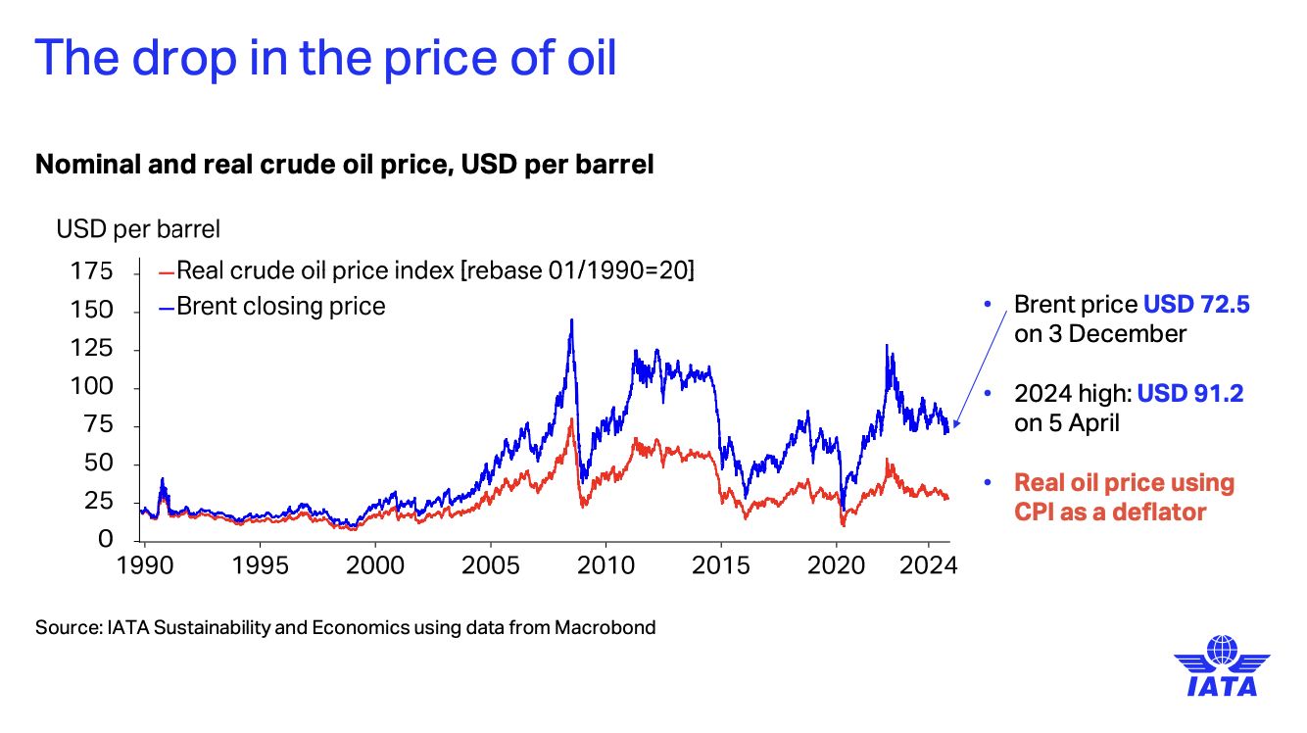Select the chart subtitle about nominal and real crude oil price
(x=344, y=165)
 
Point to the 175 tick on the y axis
(x=93, y=271)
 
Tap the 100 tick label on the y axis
(x=93, y=387)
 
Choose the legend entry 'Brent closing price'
(x=281, y=307)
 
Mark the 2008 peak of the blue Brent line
(x=571, y=320)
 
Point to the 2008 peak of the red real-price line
(x=571, y=420)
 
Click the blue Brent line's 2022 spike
(x=887, y=346)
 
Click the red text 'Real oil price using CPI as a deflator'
(x=1124, y=497)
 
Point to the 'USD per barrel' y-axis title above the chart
(x=138, y=229)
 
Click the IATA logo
(x=1221, y=665)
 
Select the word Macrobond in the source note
(x=605, y=627)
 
